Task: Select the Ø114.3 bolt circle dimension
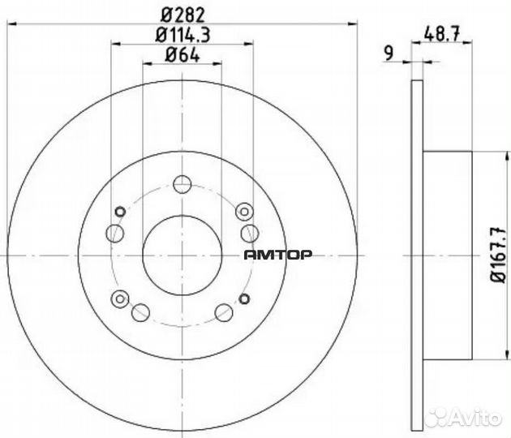182,35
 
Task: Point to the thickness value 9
390,54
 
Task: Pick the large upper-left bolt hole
115,234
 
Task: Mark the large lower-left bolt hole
140,311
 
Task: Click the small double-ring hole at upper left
120,213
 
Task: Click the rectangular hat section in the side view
447,255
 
